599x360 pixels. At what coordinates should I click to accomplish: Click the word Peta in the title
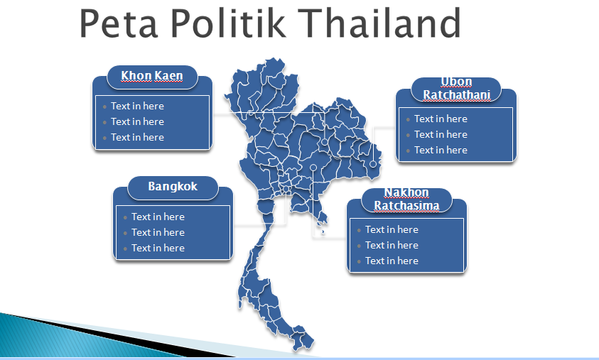tap(119, 23)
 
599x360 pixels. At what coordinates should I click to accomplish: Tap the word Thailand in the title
tap(379, 23)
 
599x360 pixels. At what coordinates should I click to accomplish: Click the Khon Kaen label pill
tap(152, 77)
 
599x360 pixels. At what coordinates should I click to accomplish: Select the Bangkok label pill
tap(173, 187)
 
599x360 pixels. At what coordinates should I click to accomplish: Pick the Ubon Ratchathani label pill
tap(456, 89)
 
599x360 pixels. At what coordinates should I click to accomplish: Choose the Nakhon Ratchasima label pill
tap(406, 200)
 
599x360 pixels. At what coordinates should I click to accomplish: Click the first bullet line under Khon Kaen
tap(137, 106)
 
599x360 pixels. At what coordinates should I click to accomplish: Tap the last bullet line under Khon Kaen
tap(137, 138)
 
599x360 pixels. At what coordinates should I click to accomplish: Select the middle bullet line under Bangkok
tap(158, 232)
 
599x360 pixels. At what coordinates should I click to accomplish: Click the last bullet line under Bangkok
tap(158, 248)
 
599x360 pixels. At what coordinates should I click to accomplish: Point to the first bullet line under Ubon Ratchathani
tap(441, 119)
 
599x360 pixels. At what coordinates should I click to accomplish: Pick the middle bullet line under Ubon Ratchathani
tap(441, 135)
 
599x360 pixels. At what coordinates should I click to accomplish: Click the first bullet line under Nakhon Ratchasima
tap(392, 230)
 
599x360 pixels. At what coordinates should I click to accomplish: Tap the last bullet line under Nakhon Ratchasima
tap(392, 261)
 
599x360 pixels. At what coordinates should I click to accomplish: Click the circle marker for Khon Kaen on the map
tap(324, 142)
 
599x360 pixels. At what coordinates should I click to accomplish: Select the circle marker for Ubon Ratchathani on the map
tap(373, 164)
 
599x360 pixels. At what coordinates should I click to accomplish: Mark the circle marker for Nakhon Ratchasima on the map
tap(313, 168)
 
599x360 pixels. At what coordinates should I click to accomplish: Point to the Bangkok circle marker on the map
tap(286, 189)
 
